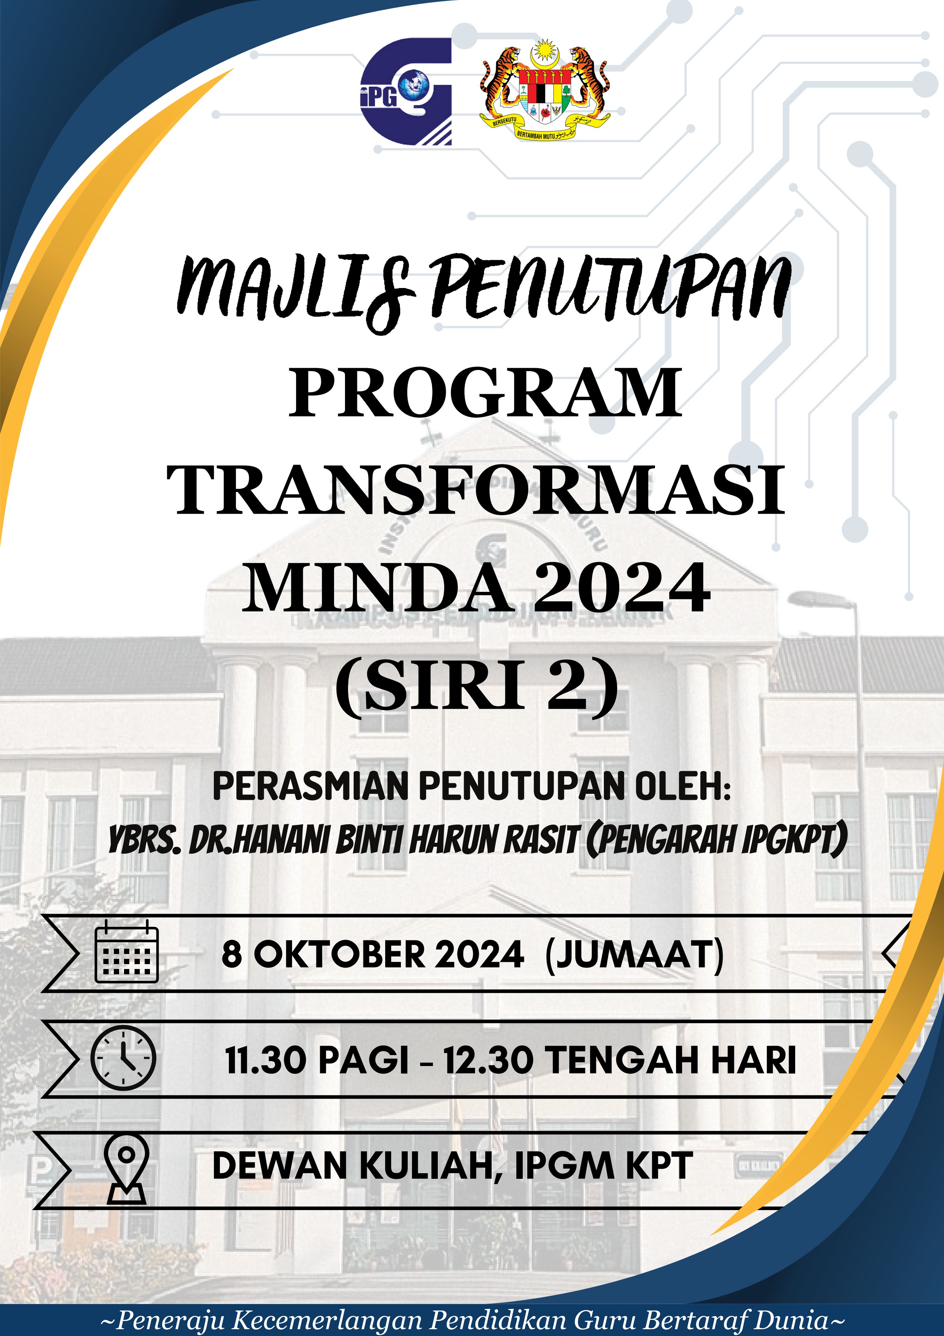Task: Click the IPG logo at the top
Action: coord(405,91)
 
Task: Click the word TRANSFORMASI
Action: coord(476,490)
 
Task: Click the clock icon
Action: coord(123,1058)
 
